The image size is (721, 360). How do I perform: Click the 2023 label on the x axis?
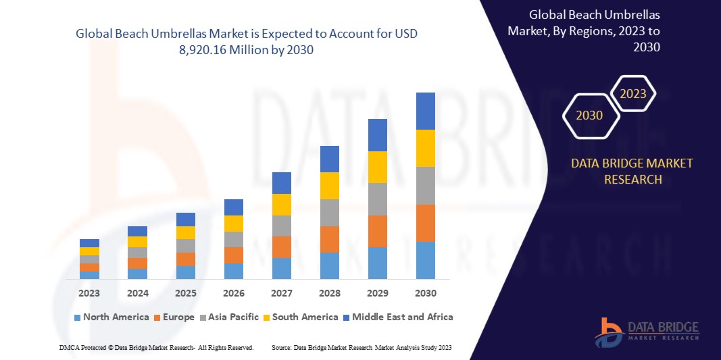[x=89, y=293]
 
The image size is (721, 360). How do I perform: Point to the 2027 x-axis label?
[x=281, y=293]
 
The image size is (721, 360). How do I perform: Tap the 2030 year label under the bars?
[x=425, y=293]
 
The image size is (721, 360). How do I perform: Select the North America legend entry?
[x=111, y=317]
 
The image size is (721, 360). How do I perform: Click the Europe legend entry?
[x=177, y=317]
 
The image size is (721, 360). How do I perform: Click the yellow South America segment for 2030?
[x=425, y=148]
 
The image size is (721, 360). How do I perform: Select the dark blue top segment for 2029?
[x=377, y=135]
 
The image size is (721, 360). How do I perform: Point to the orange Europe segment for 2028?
[x=329, y=239]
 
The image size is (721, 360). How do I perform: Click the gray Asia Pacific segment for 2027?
[x=281, y=226]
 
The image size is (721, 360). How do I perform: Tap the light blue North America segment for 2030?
[x=425, y=260]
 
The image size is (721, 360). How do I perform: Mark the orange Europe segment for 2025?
[x=186, y=259]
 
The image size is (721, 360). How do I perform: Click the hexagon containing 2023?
[x=633, y=94]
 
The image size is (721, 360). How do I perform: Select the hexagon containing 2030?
[x=589, y=115]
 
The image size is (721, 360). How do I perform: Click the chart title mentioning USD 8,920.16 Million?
[x=251, y=42]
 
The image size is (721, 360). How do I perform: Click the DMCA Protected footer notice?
[x=156, y=347]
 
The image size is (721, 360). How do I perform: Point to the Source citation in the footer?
[x=362, y=347]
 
